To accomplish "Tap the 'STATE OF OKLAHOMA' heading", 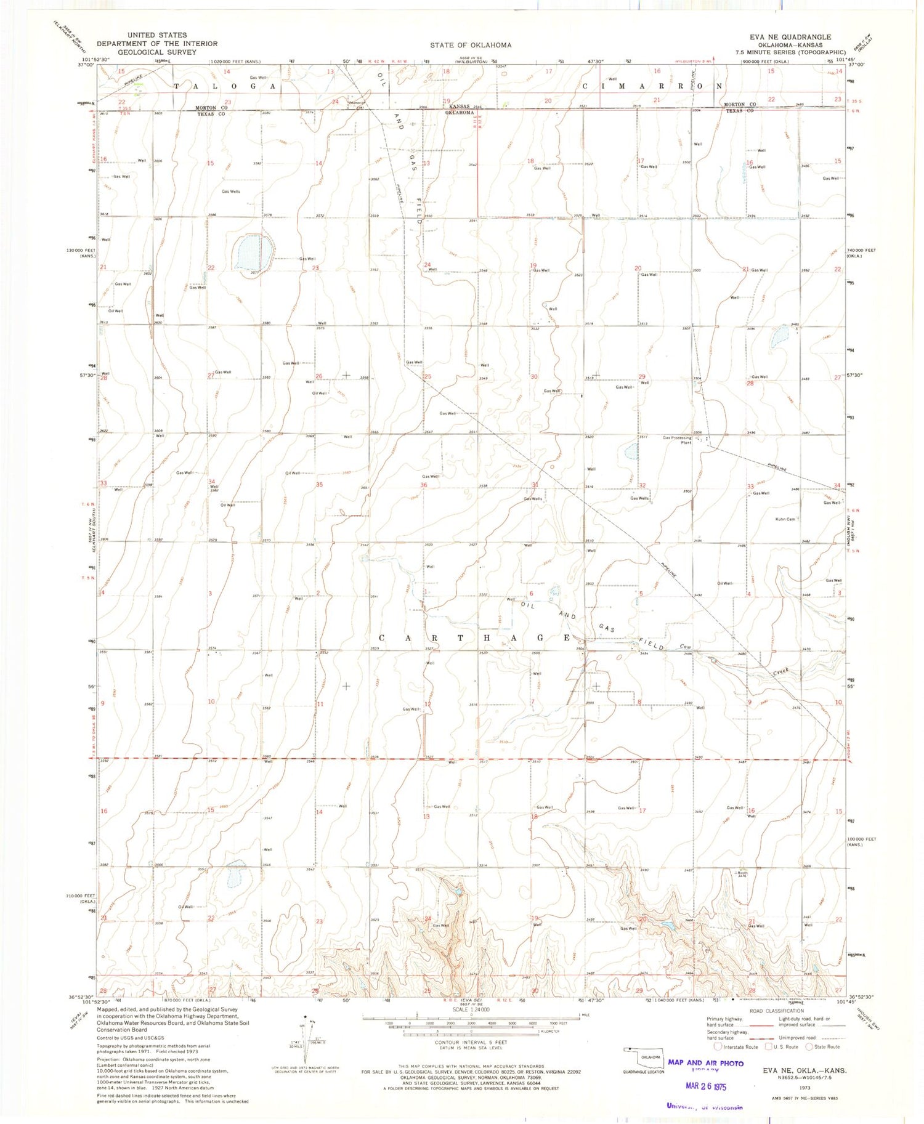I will (x=471, y=45).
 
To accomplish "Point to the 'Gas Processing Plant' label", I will (x=678, y=440).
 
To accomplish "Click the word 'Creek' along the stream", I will (x=782, y=672).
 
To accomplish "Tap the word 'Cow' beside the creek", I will (x=684, y=647).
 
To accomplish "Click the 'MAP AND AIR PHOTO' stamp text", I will (x=705, y=1063).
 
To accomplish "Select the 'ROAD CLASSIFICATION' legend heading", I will (x=777, y=1011).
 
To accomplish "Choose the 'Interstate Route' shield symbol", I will (x=717, y=1046).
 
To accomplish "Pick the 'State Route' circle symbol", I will (x=809, y=1046).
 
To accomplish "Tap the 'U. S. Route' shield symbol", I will (x=768, y=1046).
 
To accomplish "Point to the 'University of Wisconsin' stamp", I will (x=705, y=1106).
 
